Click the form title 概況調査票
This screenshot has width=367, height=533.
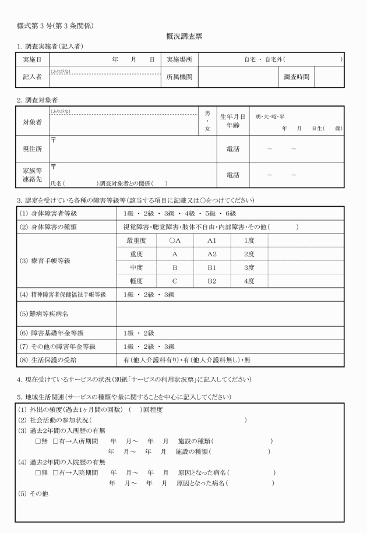coord(183,36)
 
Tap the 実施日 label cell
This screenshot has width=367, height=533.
coord(31,59)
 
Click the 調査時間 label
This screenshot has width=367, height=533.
coord(297,76)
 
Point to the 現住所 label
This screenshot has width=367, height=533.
coord(31,149)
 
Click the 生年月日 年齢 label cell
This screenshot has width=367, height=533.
coord(233,121)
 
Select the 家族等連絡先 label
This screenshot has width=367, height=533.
coord(31,175)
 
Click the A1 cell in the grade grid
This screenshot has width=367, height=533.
coord(211,240)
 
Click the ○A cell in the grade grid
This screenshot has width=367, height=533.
coord(175,240)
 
